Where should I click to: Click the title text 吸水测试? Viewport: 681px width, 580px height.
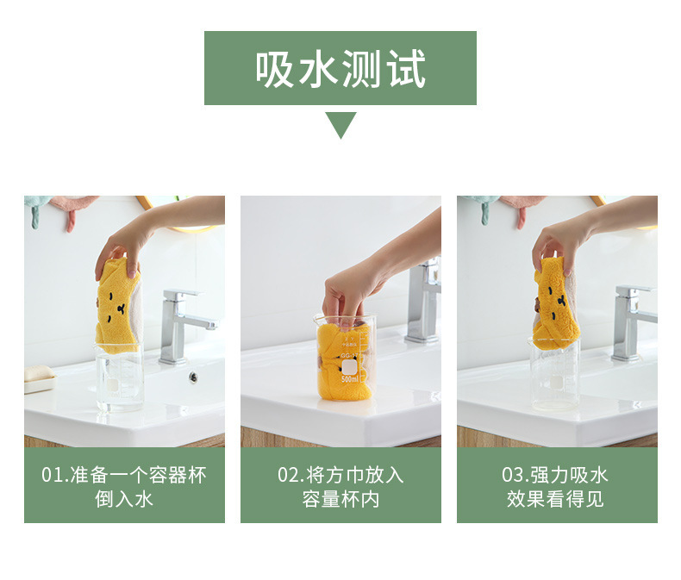coord(340,68)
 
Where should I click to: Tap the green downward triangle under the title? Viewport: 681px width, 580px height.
coord(340,125)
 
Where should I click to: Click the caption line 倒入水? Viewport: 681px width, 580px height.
coord(124,500)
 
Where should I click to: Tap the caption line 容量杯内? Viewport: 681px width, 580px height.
coord(340,500)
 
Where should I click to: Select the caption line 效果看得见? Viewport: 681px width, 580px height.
coord(556,500)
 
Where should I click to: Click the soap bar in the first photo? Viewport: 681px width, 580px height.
coord(39,376)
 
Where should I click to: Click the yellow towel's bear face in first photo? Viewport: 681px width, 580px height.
coord(116,306)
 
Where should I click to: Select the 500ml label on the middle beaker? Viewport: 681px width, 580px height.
coord(349,378)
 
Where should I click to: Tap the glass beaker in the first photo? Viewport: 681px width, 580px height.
coord(119,379)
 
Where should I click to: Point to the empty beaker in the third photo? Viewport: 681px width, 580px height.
coord(554,379)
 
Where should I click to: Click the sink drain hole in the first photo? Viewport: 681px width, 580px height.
coord(193,377)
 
